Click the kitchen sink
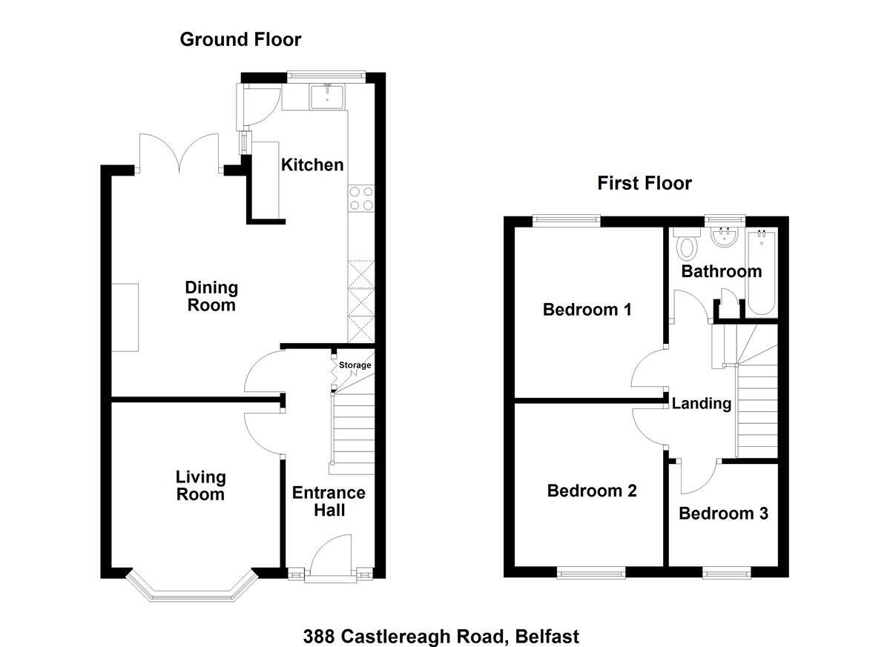[x=327, y=96]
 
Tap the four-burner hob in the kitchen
[x=361, y=199]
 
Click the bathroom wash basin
[x=725, y=237]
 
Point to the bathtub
[x=762, y=272]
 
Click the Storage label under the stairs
[x=355, y=365]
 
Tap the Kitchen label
[x=312, y=165]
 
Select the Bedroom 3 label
[x=723, y=514]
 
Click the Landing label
[x=702, y=404]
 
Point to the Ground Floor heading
[x=240, y=40]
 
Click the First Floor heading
[x=645, y=183]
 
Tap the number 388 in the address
[x=319, y=637]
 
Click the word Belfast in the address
[x=547, y=637]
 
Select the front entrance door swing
[x=331, y=556]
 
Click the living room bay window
[x=192, y=588]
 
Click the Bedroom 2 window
[x=591, y=572]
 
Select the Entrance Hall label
[x=329, y=501]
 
